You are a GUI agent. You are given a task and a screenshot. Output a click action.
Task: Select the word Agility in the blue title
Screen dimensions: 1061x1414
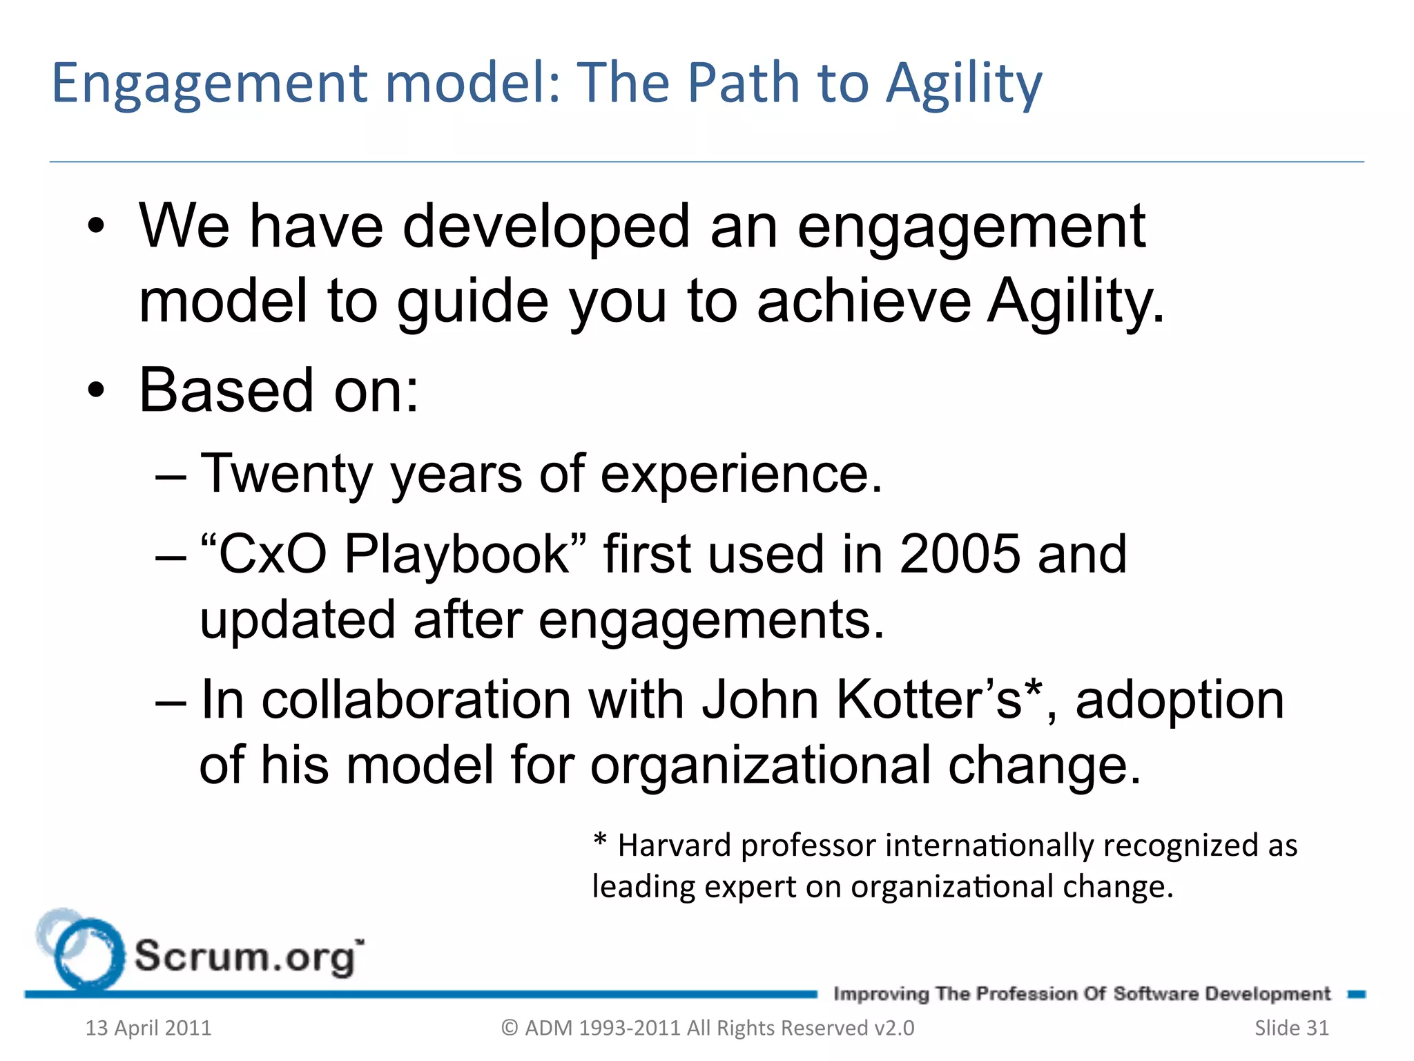pos(963,84)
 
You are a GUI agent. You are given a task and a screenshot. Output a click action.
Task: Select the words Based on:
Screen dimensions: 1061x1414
pos(279,390)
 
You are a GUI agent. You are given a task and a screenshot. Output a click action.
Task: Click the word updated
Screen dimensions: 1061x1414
pos(298,619)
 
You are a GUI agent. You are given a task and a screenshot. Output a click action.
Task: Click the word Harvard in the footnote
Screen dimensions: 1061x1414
pos(674,845)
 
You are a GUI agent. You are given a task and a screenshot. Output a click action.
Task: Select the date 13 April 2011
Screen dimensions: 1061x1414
pos(148,1028)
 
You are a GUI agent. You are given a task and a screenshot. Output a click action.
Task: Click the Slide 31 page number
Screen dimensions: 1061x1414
pos(1291,1028)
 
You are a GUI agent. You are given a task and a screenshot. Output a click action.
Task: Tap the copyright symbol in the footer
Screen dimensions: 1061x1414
pos(510,1028)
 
